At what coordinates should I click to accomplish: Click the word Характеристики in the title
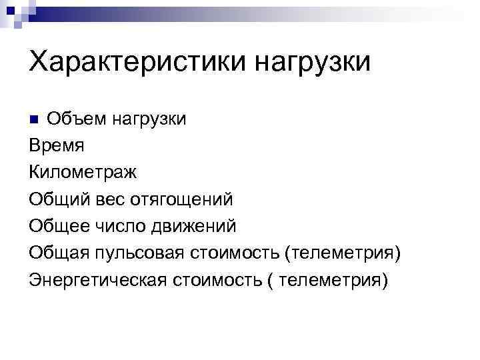137,64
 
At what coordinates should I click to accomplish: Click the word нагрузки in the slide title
312,65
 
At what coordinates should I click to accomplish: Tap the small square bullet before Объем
35,120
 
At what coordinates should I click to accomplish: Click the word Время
57,146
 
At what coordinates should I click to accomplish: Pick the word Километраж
83,173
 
